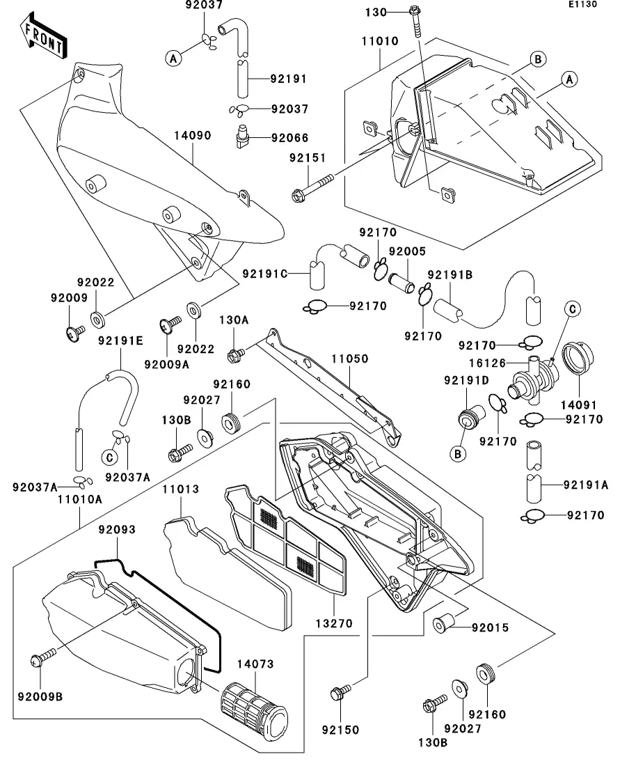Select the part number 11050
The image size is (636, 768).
coord(349,359)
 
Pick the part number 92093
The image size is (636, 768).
coord(117,530)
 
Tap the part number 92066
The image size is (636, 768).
coord(289,138)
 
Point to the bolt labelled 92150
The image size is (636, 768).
coord(340,693)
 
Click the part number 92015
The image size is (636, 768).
coord(491,627)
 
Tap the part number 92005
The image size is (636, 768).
coord(407,251)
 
